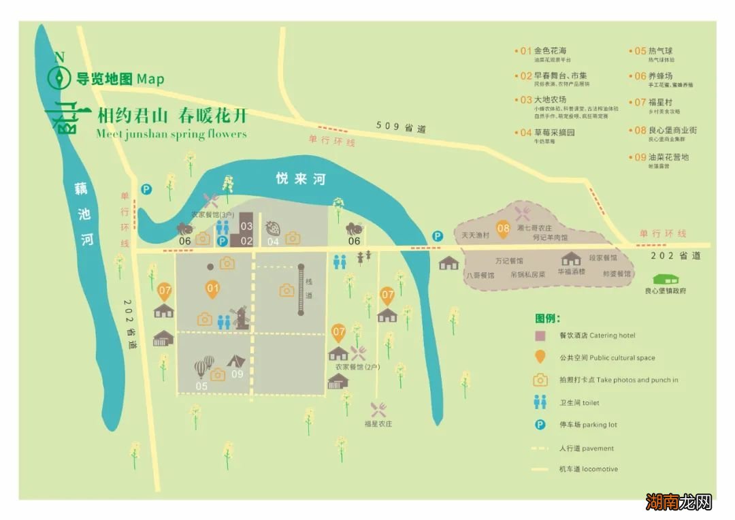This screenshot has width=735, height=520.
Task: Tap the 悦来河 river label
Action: coord(300,179)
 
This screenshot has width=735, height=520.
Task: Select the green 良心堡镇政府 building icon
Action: coord(665,279)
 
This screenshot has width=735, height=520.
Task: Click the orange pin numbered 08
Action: coord(503,229)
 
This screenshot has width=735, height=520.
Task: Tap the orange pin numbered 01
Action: coord(213,289)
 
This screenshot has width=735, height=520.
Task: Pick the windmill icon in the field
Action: coord(240,317)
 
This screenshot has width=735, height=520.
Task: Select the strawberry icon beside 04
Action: coord(273,228)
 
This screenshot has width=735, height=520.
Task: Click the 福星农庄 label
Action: coord(378,424)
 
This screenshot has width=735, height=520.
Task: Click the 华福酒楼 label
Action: coord(572,270)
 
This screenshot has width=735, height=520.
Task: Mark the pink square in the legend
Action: coord(540,335)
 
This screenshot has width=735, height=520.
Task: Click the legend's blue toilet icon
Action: coord(540,402)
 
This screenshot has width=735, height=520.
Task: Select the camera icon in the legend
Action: coord(540,379)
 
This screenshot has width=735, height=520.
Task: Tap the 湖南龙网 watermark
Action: coord(679,502)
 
